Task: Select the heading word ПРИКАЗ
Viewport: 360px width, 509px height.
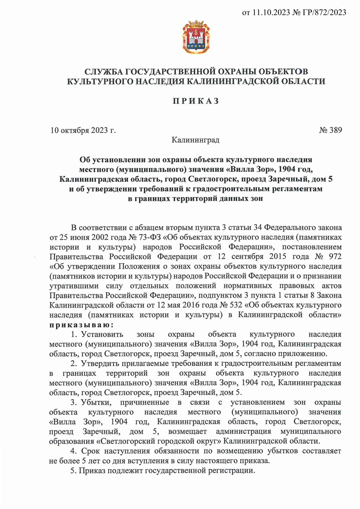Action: click(196, 101)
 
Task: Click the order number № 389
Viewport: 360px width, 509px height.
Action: click(331, 130)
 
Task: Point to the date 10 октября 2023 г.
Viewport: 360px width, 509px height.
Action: click(83, 130)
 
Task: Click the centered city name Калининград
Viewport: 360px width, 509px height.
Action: click(195, 140)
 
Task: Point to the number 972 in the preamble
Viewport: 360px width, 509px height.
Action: click(335, 256)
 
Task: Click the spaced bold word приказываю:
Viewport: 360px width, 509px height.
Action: click(81, 325)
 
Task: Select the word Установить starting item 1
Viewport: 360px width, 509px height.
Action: click(102, 334)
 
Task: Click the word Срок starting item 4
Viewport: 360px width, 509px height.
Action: click(91, 451)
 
